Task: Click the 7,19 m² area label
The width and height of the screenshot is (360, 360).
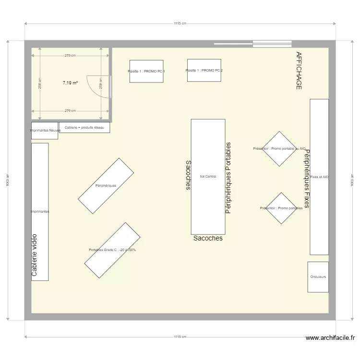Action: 70,83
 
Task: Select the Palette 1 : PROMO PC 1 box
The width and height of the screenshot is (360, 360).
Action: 146,71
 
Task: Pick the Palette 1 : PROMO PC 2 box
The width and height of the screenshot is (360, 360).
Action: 204,71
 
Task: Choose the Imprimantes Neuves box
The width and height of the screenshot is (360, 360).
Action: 45,131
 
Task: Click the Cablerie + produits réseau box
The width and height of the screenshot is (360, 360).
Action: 84,128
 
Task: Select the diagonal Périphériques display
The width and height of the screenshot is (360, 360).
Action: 106,186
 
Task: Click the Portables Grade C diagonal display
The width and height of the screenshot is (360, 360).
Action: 112,250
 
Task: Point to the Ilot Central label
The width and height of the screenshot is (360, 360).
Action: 208,176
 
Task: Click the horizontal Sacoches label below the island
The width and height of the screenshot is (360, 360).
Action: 208,238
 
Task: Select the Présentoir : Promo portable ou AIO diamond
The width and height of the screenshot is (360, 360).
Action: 279,149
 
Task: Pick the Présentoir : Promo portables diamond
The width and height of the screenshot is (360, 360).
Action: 281,208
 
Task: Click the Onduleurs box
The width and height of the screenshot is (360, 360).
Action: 318,277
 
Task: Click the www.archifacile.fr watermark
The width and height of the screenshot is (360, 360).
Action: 332,338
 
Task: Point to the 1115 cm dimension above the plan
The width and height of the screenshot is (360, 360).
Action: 180,23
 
